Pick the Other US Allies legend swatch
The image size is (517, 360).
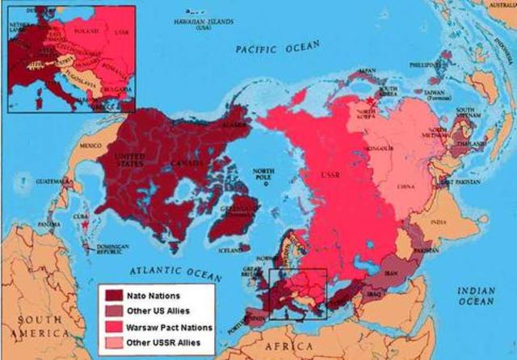pos(111,312)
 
